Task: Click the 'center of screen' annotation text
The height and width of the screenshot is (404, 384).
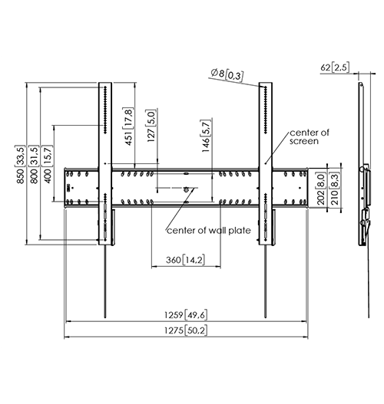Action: [310, 136]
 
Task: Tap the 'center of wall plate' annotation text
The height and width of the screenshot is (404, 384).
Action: [209, 230]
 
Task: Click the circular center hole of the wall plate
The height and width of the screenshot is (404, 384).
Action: [186, 189]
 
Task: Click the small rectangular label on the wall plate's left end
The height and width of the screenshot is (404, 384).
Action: [68, 188]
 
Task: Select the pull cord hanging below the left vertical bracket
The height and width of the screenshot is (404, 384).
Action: [105, 281]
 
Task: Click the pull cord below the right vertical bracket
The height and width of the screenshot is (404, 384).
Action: [265, 281]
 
